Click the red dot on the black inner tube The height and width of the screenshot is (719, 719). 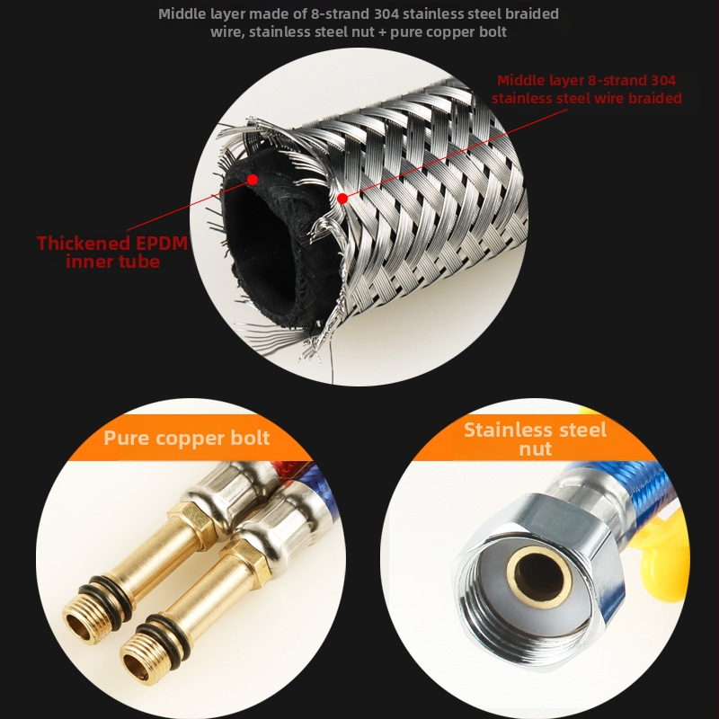tap(253, 179)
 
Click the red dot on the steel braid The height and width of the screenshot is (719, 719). tap(342, 199)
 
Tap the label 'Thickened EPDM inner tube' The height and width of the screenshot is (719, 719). tap(112, 252)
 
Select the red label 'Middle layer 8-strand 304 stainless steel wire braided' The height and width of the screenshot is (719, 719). tap(587, 89)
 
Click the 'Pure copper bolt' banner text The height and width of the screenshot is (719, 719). tap(187, 438)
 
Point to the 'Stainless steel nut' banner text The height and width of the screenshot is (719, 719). tap(535, 439)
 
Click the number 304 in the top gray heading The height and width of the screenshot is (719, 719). tap(386, 14)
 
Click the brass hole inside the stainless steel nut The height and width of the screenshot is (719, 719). tap(539, 575)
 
